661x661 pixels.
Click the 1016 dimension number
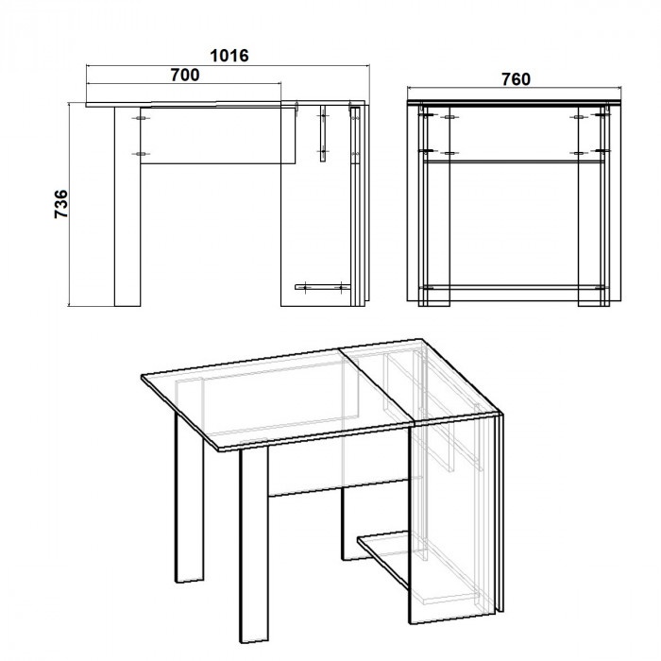point(229,56)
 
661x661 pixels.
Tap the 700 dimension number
point(185,75)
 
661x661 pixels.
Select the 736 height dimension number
point(61,204)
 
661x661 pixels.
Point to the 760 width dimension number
point(516,79)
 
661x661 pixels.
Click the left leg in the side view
point(127,207)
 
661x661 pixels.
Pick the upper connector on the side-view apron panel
point(141,118)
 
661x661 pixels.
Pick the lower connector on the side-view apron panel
point(141,154)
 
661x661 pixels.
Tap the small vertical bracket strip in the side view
point(323,134)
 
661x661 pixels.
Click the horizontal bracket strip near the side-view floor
point(323,287)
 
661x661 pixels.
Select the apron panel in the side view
point(218,136)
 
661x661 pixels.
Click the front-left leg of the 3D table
point(254,545)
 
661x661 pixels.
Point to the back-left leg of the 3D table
point(189,498)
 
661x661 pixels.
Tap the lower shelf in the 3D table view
point(383,556)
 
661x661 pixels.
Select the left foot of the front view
point(434,303)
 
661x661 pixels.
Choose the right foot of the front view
point(594,303)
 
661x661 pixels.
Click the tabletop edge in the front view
point(515,102)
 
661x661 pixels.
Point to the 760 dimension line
point(515,88)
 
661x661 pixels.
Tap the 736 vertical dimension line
point(69,204)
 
